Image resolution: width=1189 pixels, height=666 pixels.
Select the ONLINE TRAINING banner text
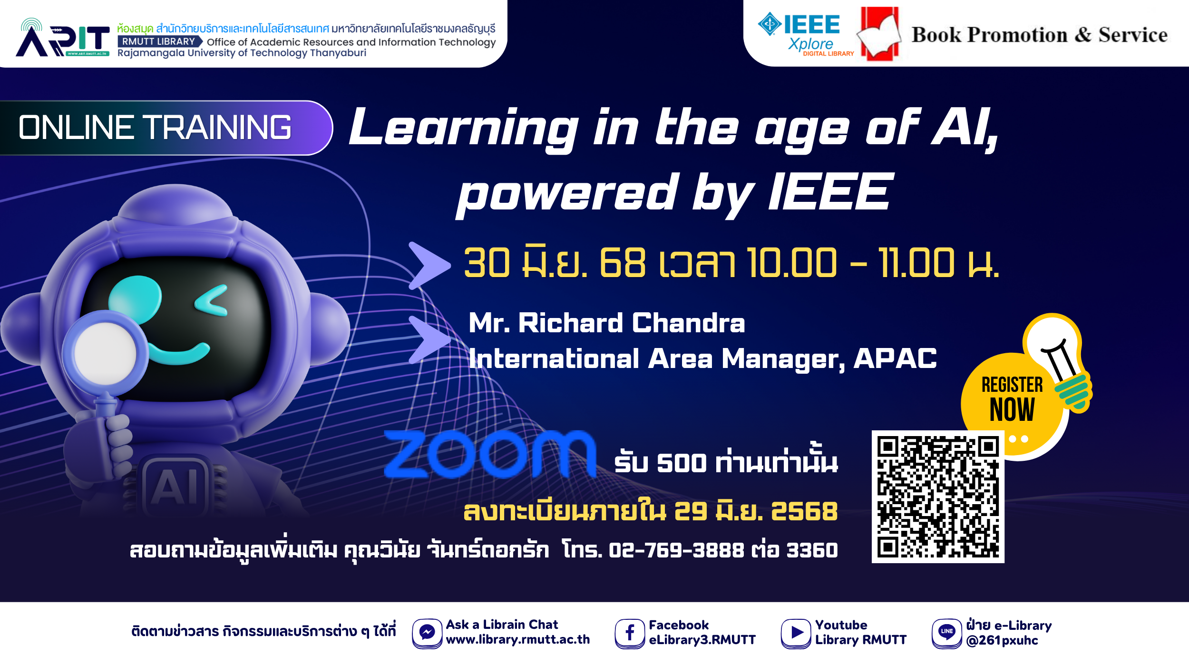click(x=155, y=128)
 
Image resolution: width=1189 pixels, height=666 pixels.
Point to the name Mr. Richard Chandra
click(x=606, y=323)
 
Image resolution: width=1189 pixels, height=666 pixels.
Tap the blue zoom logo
click(x=490, y=454)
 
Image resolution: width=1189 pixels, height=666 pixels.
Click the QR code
click(x=937, y=497)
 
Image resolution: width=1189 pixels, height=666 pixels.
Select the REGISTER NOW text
click(x=1012, y=398)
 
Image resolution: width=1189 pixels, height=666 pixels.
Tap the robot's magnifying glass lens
click(x=106, y=353)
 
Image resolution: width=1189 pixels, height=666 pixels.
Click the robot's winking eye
click(x=212, y=301)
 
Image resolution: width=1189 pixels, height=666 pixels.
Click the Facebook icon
click(x=629, y=633)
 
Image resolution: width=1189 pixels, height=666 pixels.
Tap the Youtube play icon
click(x=796, y=633)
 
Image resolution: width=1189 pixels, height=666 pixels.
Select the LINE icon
click(x=946, y=632)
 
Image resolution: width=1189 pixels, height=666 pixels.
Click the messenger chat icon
click(x=427, y=633)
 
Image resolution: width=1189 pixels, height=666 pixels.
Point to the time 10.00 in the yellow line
click(x=791, y=263)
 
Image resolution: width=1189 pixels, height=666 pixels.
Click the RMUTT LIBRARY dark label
click(x=159, y=42)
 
